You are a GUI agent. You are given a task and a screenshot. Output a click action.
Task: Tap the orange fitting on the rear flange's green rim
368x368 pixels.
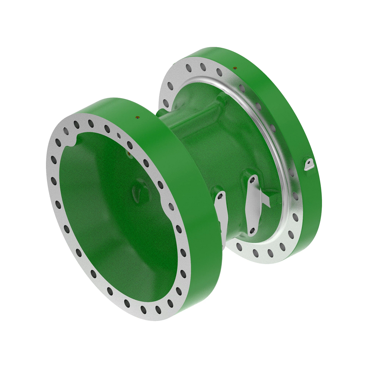[x=235, y=68]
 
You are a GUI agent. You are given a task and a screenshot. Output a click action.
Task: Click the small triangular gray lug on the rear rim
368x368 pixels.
[x=309, y=164]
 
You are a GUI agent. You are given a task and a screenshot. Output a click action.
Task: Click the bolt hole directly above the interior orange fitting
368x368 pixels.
[x=130, y=144]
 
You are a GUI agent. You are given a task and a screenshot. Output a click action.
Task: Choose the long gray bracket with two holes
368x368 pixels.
[x=253, y=205]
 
